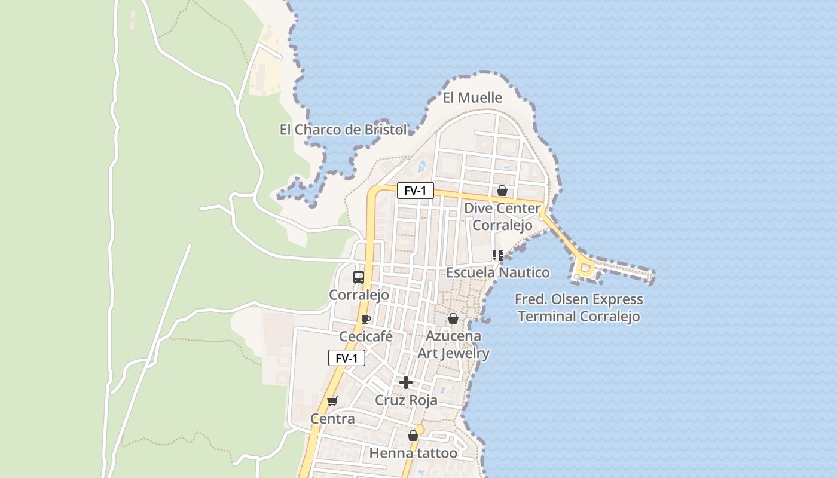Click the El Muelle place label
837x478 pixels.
[x=472, y=97]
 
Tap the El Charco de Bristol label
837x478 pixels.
[x=343, y=130]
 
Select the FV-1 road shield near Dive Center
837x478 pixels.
[x=416, y=191]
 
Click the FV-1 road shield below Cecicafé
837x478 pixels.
[x=347, y=358]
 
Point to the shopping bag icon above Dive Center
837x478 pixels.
[x=502, y=191]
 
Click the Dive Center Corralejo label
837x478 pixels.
[x=502, y=217]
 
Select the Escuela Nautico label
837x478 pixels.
[x=498, y=273]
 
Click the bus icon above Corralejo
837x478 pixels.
[x=359, y=277]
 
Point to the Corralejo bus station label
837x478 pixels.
[x=359, y=295]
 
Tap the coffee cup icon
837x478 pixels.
[x=366, y=320]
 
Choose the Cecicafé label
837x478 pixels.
[x=366, y=336]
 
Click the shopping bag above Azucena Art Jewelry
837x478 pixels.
[x=453, y=318]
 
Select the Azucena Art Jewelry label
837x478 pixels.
[x=453, y=344]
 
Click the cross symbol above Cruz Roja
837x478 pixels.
[x=406, y=382]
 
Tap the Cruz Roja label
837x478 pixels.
[x=406, y=400]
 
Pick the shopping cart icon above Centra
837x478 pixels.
[x=332, y=401]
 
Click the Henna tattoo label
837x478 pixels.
[x=413, y=453]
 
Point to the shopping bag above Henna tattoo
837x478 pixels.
[x=413, y=436]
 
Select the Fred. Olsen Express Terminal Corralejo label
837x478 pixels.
[x=579, y=308]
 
